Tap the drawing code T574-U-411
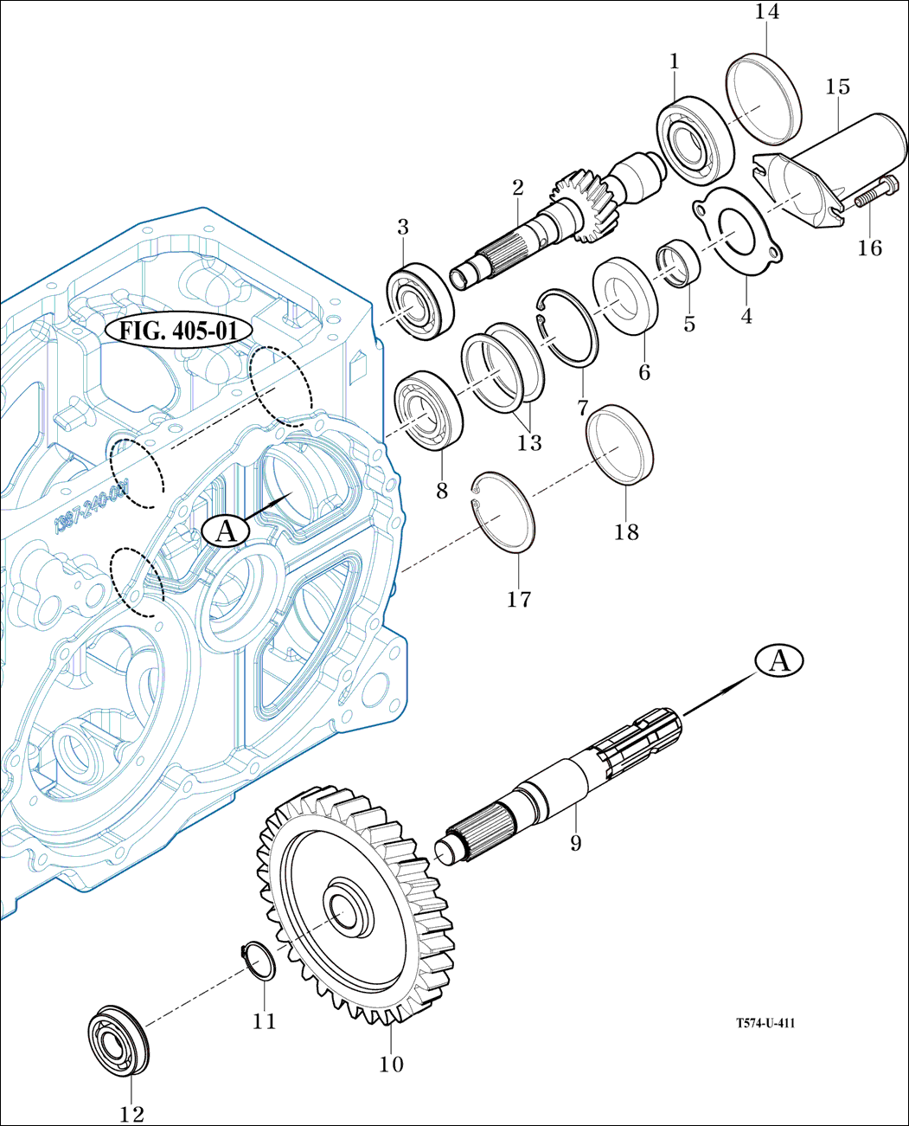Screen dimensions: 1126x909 click(765, 1023)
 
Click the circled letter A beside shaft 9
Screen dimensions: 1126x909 click(779, 661)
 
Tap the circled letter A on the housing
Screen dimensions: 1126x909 click(226, 531)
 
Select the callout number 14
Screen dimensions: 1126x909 click(766, 12)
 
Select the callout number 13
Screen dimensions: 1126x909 click(529, 443)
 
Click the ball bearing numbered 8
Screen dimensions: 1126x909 click(430, 410)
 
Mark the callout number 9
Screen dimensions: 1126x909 click(576, 842)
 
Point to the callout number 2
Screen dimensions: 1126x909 click(518, 186)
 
